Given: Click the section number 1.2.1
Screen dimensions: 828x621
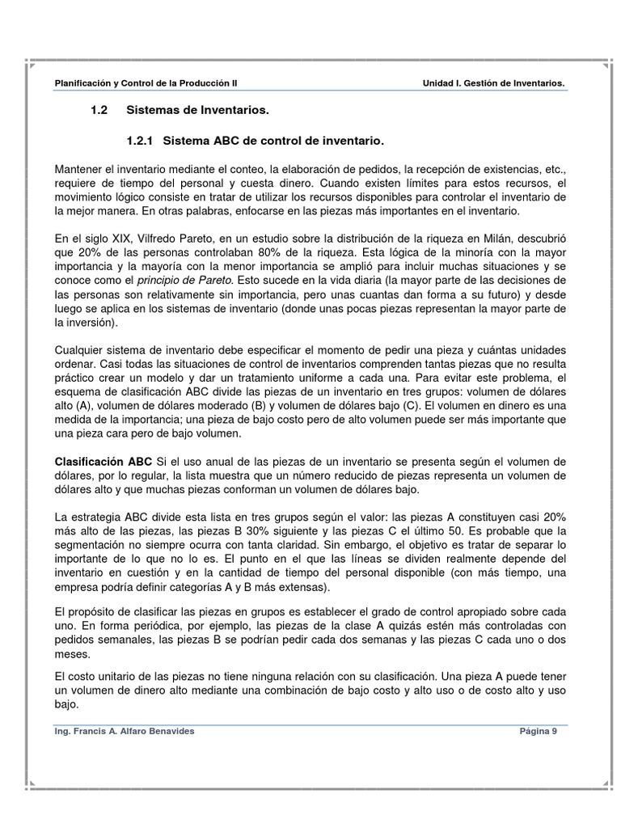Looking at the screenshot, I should (x=142, y=142).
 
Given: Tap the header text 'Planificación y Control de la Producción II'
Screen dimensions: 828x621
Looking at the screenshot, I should (x=145, y=83).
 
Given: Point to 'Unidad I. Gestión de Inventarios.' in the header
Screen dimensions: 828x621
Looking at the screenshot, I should (x=493, y=83).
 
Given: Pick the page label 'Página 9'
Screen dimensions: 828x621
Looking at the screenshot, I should (x=538, y=731).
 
